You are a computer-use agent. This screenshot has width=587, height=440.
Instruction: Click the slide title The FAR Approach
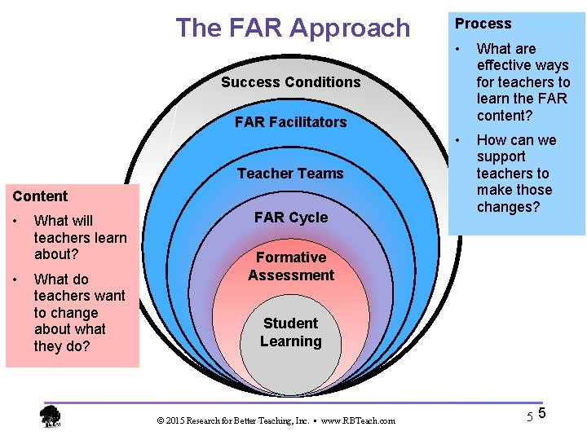coord(293,28)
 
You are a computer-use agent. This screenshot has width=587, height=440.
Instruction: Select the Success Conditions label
coord(290,82)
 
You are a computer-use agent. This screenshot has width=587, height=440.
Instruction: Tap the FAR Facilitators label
coord(290,122)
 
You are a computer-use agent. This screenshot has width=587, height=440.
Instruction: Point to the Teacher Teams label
coord(290,174)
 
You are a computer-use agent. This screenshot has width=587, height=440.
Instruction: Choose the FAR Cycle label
coord(290,218)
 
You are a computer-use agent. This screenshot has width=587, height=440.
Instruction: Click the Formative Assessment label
coord(291,266)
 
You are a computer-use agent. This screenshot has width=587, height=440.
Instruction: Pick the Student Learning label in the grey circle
coord(291,332)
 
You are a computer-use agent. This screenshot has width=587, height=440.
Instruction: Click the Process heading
coord(483,24)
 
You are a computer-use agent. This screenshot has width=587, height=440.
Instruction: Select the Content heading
coord(40,196)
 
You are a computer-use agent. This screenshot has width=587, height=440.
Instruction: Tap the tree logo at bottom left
coord(51,416)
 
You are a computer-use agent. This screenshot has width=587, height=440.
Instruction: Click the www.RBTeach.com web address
coord(358,420)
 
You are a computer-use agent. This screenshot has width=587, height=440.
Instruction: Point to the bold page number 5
coord(542,414)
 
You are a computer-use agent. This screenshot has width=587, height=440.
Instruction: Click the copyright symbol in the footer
coord(160,420)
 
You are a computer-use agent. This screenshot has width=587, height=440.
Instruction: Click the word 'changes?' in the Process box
coord(508,207)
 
